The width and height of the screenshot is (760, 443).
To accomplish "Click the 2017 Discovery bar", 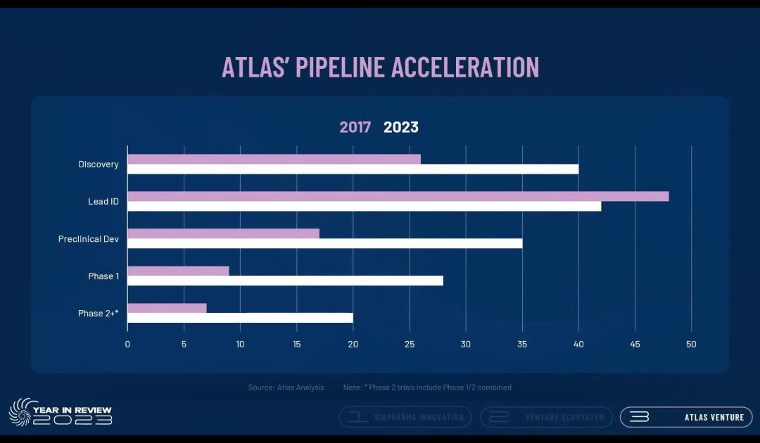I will click(x=274, y=159).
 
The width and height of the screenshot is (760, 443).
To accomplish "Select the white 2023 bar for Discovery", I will click(x=353, y=169).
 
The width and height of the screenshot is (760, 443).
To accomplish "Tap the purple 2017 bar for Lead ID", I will click(x=398, y=196).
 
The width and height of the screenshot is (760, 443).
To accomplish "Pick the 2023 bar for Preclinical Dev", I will click(x=324, y=243).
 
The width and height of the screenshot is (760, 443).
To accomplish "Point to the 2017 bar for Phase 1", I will click(x=178, y=271).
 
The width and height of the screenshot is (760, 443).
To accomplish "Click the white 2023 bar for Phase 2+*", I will click(x=240, y=318).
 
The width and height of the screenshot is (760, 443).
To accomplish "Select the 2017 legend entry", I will click(x=355, y=127).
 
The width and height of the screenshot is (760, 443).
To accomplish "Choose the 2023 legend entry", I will click(x=400, y=127).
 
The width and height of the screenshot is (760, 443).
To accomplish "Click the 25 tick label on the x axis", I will click(x=410, y=344).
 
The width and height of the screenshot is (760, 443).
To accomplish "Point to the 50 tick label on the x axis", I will click(x=692, y=344).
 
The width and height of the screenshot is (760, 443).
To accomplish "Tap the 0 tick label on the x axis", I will click(x=127, y=344).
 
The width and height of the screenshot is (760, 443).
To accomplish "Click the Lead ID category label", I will click(x=103, y=202).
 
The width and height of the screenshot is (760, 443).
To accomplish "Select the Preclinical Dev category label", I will click(x=89, y=239).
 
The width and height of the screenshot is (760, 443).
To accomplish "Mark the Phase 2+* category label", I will click(x=98, y=314).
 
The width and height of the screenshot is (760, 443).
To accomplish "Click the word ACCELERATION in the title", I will click(x=465, y=67).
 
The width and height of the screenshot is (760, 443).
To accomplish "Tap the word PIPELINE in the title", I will click(x=340, y=67).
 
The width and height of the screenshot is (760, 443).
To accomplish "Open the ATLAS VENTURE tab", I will click(x=686, y=417).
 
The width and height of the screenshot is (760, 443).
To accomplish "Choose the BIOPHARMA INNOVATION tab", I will click(x=405, y=417).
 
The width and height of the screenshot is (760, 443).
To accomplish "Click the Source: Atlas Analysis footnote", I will click(x=286, y=387).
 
